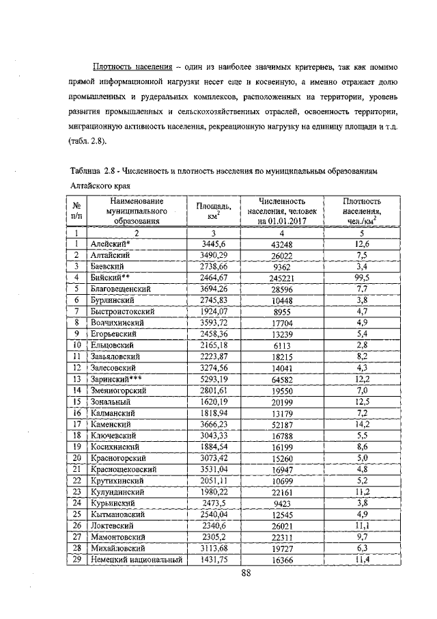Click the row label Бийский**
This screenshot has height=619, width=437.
pos(111,277)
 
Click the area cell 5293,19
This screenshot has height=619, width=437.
pos(214,378)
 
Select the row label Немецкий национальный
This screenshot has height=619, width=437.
pos(136,559)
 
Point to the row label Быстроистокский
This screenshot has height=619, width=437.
pos(124,311)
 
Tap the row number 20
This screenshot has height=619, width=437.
pos(77,458)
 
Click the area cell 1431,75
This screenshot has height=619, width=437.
pos(214,559)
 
